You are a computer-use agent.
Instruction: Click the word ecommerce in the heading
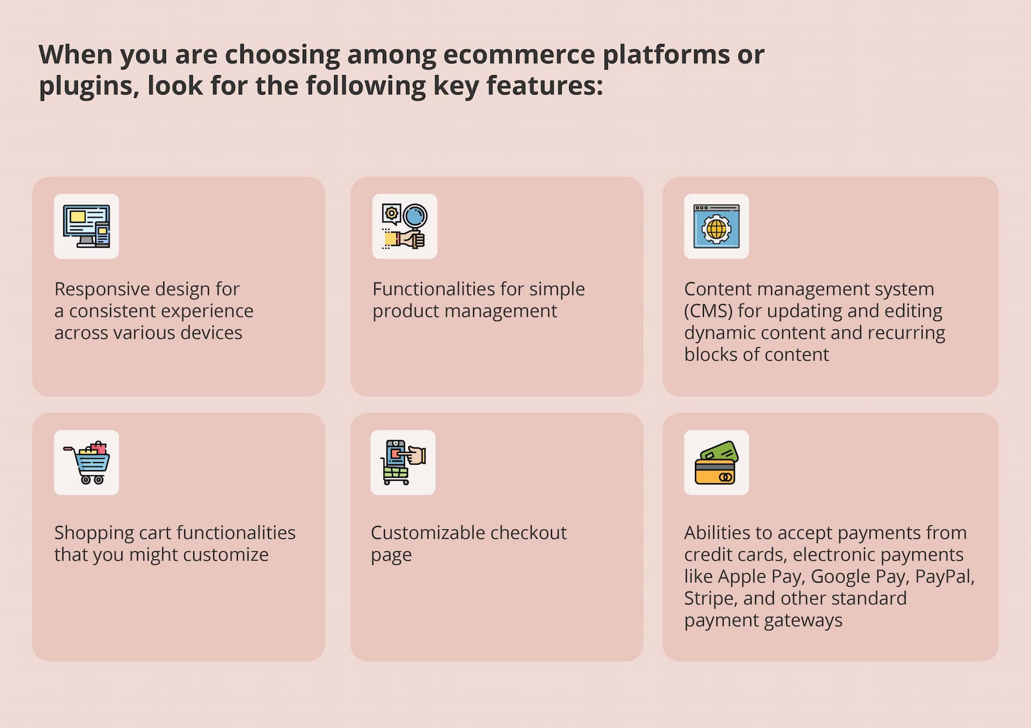pyautogui.click(x=519, y=54)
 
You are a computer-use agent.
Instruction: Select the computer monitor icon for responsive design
pyautogui.click(x=86, y=226)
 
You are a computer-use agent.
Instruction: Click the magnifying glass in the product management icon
pyautogui.click(x=415, y=217)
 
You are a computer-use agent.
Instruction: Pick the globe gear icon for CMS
pyautogui.click(x=716, y=226)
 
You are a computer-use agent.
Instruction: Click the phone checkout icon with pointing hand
pyautogui.click(x=403, y=463)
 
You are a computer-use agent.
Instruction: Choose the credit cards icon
pyautogui.click(x=716, y=463)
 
